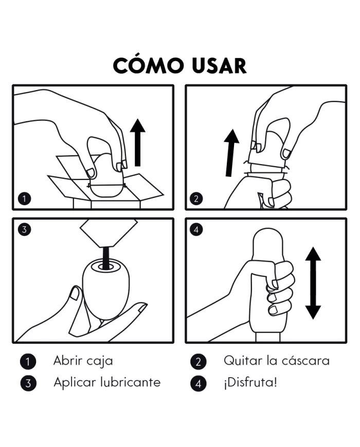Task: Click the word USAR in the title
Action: point(219,66)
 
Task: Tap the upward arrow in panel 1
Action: point(138,142)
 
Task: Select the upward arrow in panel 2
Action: point(230,153)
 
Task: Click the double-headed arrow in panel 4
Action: point(313,283)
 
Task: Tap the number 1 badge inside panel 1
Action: point(24,199)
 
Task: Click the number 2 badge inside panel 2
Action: point(196,199)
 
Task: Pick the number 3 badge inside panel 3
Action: point(24,229)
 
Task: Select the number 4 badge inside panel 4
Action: point(196,229)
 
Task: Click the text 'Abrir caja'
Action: point(83,361)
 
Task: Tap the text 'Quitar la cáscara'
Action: point(277,361)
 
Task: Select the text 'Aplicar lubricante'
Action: point(107,382)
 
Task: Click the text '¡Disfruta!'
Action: point(250,383)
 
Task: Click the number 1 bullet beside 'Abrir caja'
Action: point(28,362)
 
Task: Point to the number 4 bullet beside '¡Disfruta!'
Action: point(198,383)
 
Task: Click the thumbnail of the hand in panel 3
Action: point(75,294)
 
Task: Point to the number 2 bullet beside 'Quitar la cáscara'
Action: point(198,362)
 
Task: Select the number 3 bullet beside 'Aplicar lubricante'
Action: point(28,383)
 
